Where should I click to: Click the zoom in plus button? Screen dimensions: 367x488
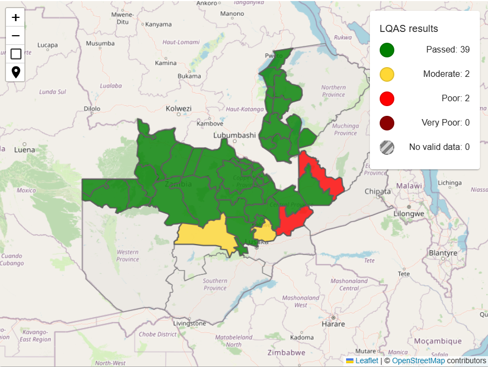[16, 17]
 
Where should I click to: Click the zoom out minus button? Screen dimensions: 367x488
[16, 36]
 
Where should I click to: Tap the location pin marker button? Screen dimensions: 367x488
[16, 72]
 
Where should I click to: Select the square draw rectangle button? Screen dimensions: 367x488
[16, 54]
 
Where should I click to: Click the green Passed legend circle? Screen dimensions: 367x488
[387, 50]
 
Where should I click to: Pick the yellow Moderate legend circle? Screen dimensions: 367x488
[387, 74]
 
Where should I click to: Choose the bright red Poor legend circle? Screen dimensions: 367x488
[387, 99]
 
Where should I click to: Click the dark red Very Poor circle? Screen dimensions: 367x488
[387, 123]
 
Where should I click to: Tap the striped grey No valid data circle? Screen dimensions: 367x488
[387, 147]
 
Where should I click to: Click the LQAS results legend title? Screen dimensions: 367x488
[408, 29]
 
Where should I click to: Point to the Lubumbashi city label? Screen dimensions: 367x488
[235, 135]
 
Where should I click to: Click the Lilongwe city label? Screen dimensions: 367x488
[407, 214]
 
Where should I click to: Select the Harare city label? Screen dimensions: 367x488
[334, 324]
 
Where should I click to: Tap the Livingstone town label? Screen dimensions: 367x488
[189, 323]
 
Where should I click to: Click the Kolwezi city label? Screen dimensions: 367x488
[179, 108]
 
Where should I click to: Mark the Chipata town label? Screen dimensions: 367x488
[378, 192]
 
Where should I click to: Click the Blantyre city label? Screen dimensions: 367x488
[443, 253]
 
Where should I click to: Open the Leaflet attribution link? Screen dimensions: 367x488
[367, 361]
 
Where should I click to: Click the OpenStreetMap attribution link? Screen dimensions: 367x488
[418, 361]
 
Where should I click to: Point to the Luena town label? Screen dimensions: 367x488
[24, 150]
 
